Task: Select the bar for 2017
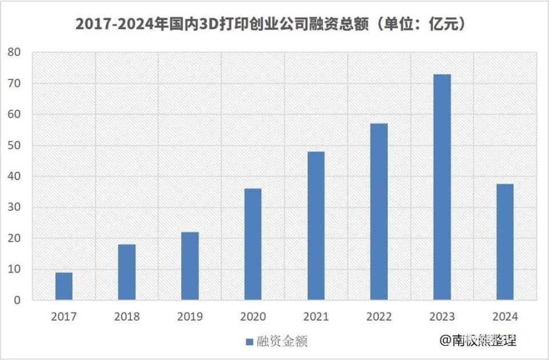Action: click(64, 286)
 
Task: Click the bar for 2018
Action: click(127, 273)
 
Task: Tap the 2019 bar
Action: click(190, 266)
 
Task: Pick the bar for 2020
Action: click(253, 245)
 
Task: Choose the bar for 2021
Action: click(316, 226)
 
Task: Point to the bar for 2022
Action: click(379, 212)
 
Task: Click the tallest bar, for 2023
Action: click(442, 187)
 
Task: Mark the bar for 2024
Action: click(505, 242)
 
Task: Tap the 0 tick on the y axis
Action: click(17, 300)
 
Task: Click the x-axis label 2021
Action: click(316, 317)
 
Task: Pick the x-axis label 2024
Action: click(505, 317)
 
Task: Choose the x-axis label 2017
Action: click(64, 317)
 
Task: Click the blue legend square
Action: click(249, 342)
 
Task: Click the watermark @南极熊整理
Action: click(478, 341)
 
